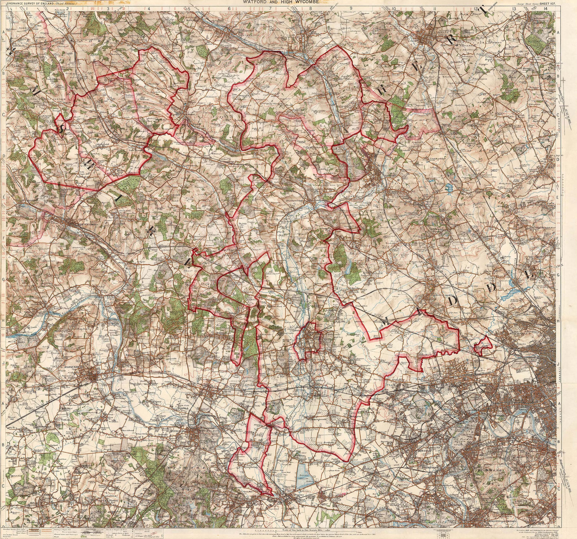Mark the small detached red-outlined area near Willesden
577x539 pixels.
click(483, 345)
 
